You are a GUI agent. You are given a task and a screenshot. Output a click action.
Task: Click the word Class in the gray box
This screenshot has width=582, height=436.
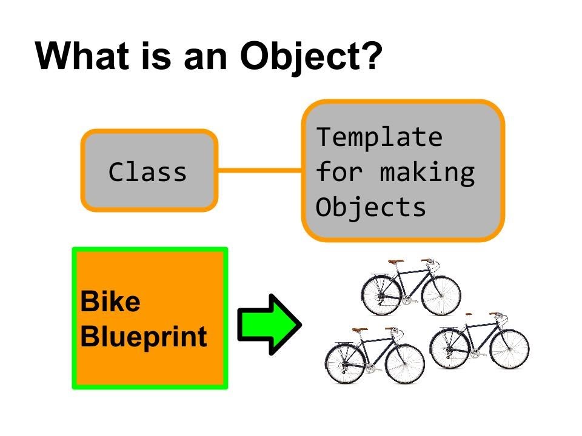point(148,173)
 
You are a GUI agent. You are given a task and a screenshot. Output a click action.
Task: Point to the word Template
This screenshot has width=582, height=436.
point(380,137)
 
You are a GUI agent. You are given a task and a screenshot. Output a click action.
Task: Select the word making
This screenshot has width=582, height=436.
point(427,173)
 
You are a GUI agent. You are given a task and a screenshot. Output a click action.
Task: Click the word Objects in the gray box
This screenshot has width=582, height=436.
point(371,208)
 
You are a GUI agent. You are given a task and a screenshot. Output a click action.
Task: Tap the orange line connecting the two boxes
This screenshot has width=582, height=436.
point(259,171)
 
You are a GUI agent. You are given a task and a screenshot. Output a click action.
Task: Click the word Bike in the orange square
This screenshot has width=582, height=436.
point(110,302)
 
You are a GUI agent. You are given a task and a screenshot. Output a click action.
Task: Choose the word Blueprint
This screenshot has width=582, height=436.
point(144,337)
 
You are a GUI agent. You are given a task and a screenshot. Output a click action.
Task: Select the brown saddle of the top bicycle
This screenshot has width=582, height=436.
point(396,262)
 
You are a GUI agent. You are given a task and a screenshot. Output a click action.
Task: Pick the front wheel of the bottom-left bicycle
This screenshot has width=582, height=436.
point(405,363)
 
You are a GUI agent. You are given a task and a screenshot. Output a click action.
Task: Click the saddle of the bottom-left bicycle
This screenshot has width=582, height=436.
point(360,330)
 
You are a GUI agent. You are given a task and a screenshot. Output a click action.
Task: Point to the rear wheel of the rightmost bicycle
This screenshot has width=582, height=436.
point(450,349)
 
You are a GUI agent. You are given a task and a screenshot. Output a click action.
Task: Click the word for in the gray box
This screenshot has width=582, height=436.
point(339,173)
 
